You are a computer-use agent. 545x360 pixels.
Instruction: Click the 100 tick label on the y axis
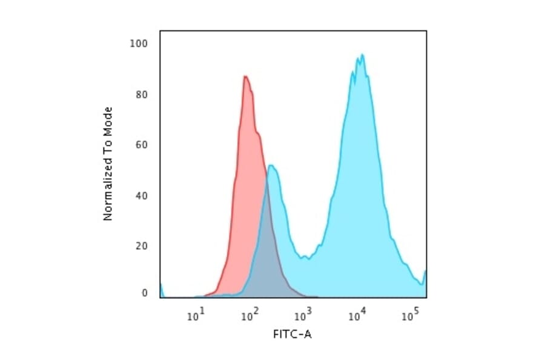(140, 44)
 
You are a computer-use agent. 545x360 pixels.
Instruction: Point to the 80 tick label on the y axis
(142, 95)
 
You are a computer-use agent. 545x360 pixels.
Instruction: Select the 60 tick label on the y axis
(142, 145)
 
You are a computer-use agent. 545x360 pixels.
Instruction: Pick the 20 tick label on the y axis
(142, 246)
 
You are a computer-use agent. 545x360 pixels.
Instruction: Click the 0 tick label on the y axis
(145, 293)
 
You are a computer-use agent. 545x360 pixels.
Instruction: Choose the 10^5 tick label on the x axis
(411, 315)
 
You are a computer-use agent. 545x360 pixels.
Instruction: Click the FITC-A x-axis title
(293, 334)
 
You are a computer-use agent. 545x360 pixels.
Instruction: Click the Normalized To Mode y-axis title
(108, 164)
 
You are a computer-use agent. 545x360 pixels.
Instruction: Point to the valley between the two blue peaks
(308, 258)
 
